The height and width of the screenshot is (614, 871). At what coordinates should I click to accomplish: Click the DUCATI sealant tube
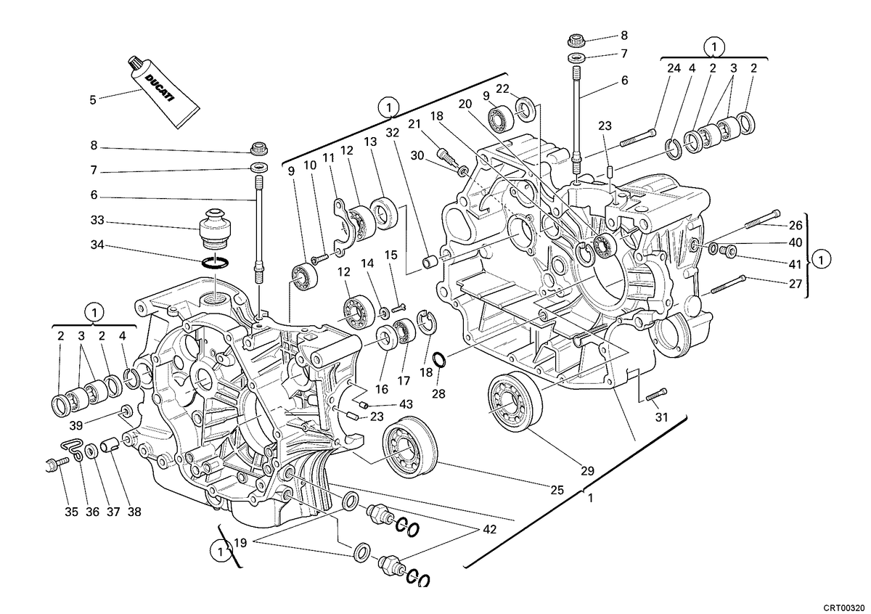(163, 93)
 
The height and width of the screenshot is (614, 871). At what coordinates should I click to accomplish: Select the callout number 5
(93, 100)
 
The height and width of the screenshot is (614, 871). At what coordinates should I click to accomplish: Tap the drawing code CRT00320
(844, 607)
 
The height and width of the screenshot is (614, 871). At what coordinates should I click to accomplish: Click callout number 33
(97, 221)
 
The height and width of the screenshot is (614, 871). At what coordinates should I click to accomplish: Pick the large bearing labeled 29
(515, 401)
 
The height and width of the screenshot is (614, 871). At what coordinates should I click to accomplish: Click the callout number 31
(661, 417)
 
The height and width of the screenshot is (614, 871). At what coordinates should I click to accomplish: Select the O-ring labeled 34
(215, 263)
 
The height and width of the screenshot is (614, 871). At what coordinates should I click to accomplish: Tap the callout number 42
(489, 530)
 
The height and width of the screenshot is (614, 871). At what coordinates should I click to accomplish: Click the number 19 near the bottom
(241, 543)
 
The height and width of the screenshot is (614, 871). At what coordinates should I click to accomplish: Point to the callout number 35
(72, 512)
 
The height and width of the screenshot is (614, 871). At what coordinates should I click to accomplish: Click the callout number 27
(796, 284)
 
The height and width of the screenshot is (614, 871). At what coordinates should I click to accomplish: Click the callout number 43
(406, 404)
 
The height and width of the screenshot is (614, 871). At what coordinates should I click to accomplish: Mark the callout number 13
(371, 142)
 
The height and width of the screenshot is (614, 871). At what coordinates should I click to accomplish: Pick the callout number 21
(414, 124)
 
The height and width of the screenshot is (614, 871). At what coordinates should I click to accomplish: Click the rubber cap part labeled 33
(215, 228)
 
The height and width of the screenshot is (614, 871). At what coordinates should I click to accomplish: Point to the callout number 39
(76, 425)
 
